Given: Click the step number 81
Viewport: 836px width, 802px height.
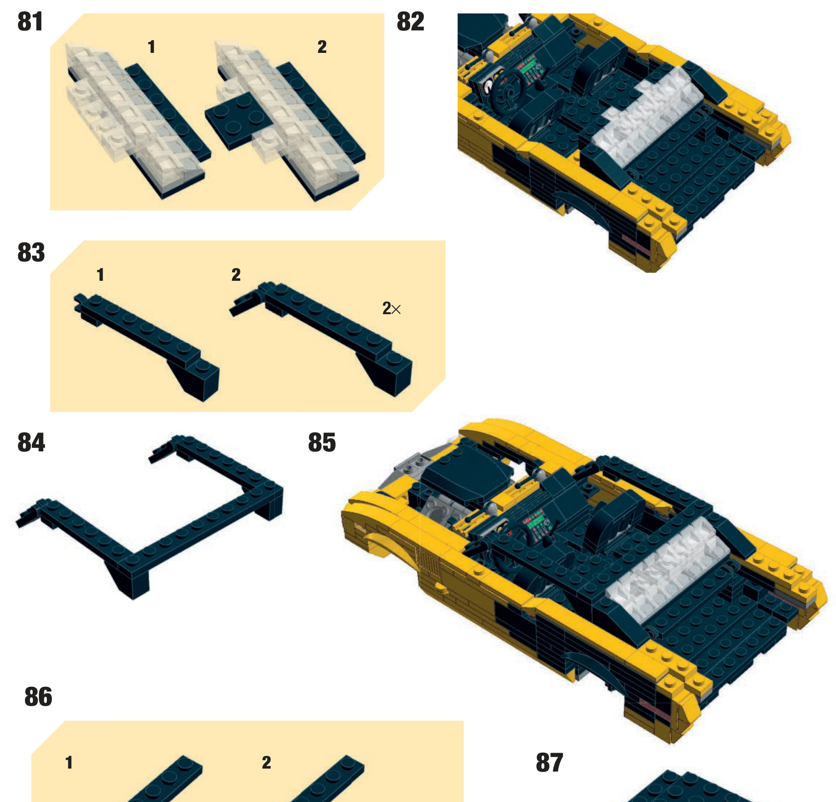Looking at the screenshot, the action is (x=30, y=22).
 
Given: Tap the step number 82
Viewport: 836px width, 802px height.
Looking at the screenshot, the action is (x=410, y=22).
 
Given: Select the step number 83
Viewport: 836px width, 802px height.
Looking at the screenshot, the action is (x=31, y=252).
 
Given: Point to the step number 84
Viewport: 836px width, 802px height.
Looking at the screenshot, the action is (x=31, y=442).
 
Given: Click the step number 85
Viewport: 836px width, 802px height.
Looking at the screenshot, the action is (x=322, y=442).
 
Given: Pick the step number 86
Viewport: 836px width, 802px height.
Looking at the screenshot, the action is (x=38, y=697).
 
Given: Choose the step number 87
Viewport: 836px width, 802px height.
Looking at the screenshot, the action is (x=549, y=763).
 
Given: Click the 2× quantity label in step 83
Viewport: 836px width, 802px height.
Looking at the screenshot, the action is (x=391, y=309).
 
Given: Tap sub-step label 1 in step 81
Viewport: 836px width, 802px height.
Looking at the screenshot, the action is (x=152, y=47).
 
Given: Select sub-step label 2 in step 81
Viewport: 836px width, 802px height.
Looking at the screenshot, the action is (x=322, y=47).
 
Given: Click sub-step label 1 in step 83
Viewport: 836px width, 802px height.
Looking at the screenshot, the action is (x=101, y=275).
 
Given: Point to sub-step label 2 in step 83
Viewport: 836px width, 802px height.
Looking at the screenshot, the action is (x=236, y=275).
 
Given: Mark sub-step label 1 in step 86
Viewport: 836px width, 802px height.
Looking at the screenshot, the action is (x=69, y=763).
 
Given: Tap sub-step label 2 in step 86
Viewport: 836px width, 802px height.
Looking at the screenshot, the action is (x=267, y=763).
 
